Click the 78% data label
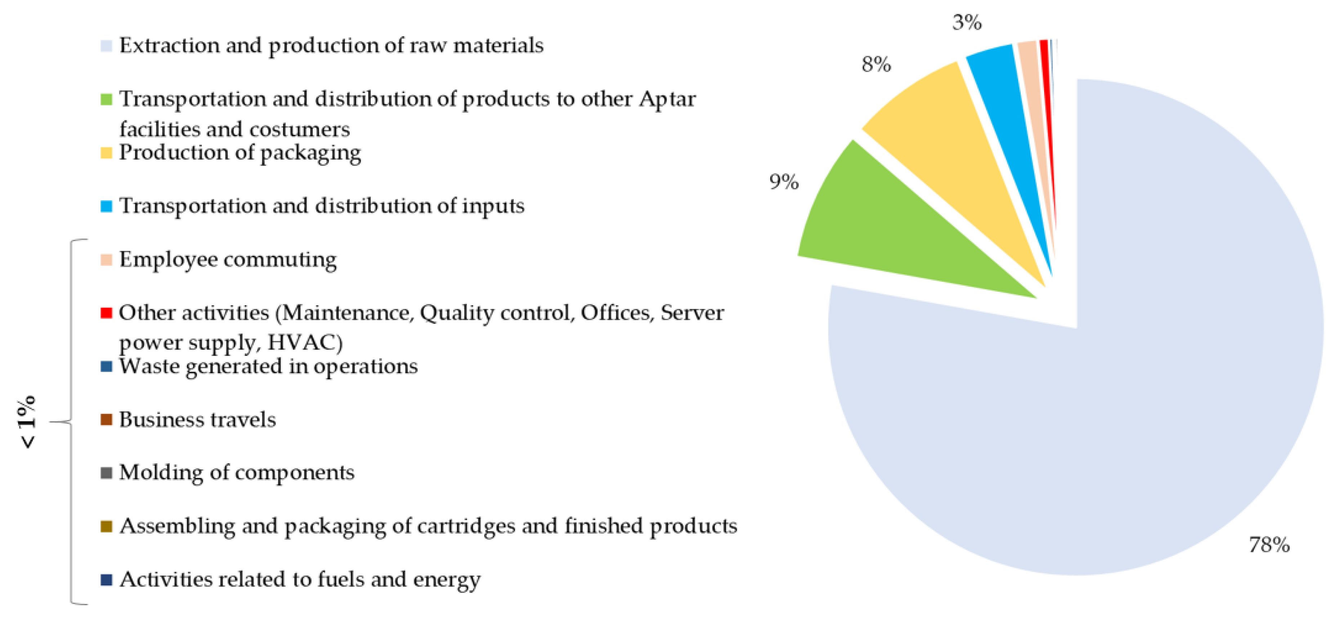[1269, 545]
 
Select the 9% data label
[784, 182]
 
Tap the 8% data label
[876, 64]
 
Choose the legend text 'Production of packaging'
[240, 153]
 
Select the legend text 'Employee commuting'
[228, 260]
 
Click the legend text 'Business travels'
[197, 419]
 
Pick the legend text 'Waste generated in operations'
[268, 366]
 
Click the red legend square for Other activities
[106, 313]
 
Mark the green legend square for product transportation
[106, 99]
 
